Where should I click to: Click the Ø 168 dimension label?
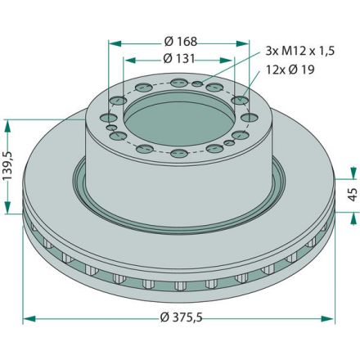181,42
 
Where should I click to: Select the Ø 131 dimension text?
179,59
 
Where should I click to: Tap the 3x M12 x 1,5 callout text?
300,51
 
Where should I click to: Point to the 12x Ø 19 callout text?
290,70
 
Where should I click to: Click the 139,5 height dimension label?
8,166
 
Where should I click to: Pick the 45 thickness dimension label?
353,195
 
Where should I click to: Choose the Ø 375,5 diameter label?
182,317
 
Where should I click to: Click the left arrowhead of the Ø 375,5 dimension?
29,318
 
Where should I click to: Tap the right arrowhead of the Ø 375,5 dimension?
327,318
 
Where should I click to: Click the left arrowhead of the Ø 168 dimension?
115,43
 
